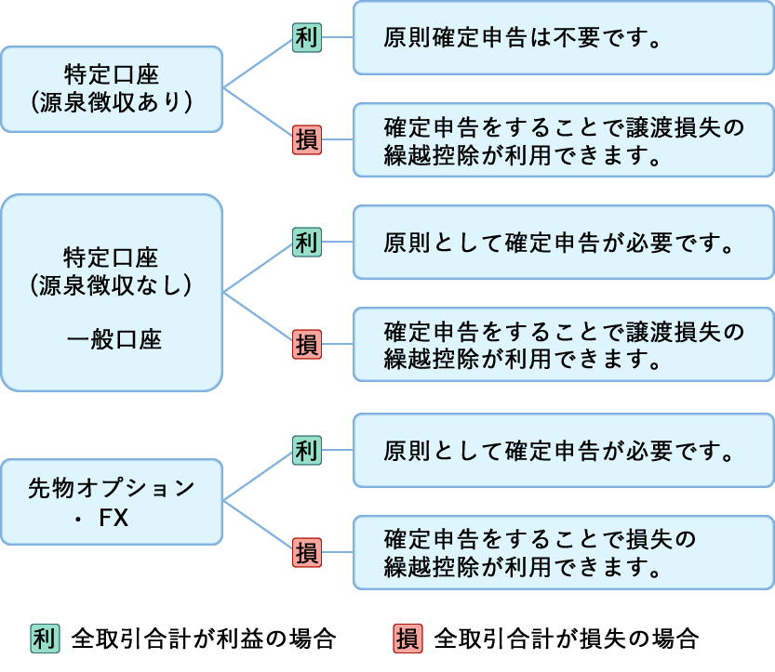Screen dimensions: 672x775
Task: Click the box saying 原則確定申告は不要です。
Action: [563, 39]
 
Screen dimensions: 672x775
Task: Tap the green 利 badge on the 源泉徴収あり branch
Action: [306, 38]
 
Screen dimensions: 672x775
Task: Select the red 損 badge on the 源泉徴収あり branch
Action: [306, 140]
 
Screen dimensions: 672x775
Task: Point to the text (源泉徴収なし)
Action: [112, 283]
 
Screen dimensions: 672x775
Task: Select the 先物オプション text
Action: [112, 487]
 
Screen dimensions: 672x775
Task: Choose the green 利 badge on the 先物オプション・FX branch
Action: [306, 451]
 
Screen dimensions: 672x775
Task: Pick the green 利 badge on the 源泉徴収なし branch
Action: [306, 242]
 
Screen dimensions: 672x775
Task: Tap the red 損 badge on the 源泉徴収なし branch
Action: [306, 344]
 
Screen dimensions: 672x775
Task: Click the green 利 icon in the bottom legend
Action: [44, 639]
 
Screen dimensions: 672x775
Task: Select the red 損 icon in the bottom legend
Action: [408, 639]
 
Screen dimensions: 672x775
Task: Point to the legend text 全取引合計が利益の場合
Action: [203, 639]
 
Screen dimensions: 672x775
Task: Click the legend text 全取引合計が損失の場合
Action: [566, 639]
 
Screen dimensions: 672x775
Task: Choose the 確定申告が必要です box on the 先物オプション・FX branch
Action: [563, 451]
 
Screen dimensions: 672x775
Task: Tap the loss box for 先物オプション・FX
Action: [563, 552]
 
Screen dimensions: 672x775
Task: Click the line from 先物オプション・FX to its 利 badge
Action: [258, 476]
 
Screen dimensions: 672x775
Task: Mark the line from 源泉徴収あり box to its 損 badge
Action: [258, 114]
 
